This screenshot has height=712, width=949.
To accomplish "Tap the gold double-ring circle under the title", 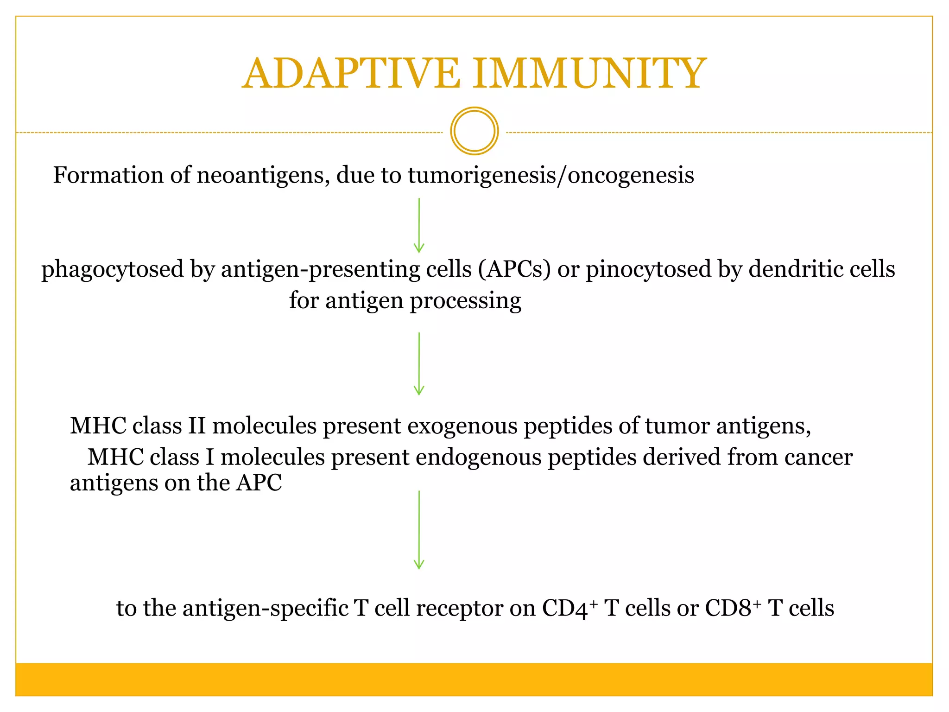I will pyautogui.click(x=474, y=131).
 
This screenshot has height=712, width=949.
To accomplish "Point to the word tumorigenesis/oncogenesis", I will pyautogui.click(x=551, y=176).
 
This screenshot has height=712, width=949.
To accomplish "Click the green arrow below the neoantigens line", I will pyautogui.click(x=419, y=225).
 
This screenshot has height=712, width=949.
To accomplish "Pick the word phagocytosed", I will pyautogui.click(x=113, y=270).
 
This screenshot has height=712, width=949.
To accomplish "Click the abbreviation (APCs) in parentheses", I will pyautogui.click(x=514, y=269).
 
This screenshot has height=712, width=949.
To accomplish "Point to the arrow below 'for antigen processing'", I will pyautogui.click(x=419, y=364).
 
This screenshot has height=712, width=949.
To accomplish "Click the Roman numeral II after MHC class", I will pyautogui.click(x=197, y=426).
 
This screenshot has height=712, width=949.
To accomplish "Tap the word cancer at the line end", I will pyautogui.click(x=818, y=458).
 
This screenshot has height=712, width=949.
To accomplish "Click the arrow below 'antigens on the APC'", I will pyautogui.click(x=419, y=530).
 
